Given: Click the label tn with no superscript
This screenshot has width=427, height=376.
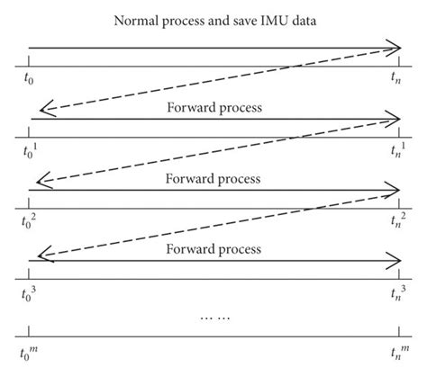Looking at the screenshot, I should coord(395,78).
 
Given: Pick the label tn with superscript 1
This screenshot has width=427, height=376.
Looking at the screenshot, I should coord(396,149).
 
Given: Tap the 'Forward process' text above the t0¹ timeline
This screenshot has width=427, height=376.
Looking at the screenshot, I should coord(213,107).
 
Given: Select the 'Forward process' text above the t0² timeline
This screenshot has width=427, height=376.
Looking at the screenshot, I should coord(213,178).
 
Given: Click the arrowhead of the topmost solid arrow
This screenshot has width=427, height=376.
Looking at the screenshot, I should coord(395,47).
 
